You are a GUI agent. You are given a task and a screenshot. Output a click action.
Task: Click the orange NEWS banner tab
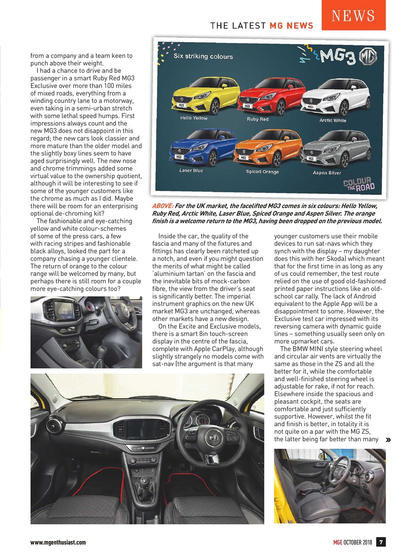(x=353, y=16)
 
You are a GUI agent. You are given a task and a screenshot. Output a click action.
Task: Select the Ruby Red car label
(x=258, y=119)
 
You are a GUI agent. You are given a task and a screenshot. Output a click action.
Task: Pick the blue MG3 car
(x=202, y=147)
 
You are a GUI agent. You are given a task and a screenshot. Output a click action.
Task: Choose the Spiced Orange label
(x=262, y=171)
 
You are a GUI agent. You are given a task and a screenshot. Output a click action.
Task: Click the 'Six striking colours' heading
(x=203, y=56)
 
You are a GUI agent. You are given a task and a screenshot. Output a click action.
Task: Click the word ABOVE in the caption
(x=162, y=206)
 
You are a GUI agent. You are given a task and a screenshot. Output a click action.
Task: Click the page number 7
(x=381, y=542)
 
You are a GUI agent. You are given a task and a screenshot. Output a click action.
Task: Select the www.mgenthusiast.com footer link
(x=58, y=542)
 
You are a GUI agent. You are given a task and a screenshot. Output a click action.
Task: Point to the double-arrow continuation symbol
(x=388, y=440)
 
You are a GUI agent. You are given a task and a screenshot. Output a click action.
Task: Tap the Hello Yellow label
(x=194, y=118)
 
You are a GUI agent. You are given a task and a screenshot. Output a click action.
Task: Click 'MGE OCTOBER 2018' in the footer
(x=353, y=542)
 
